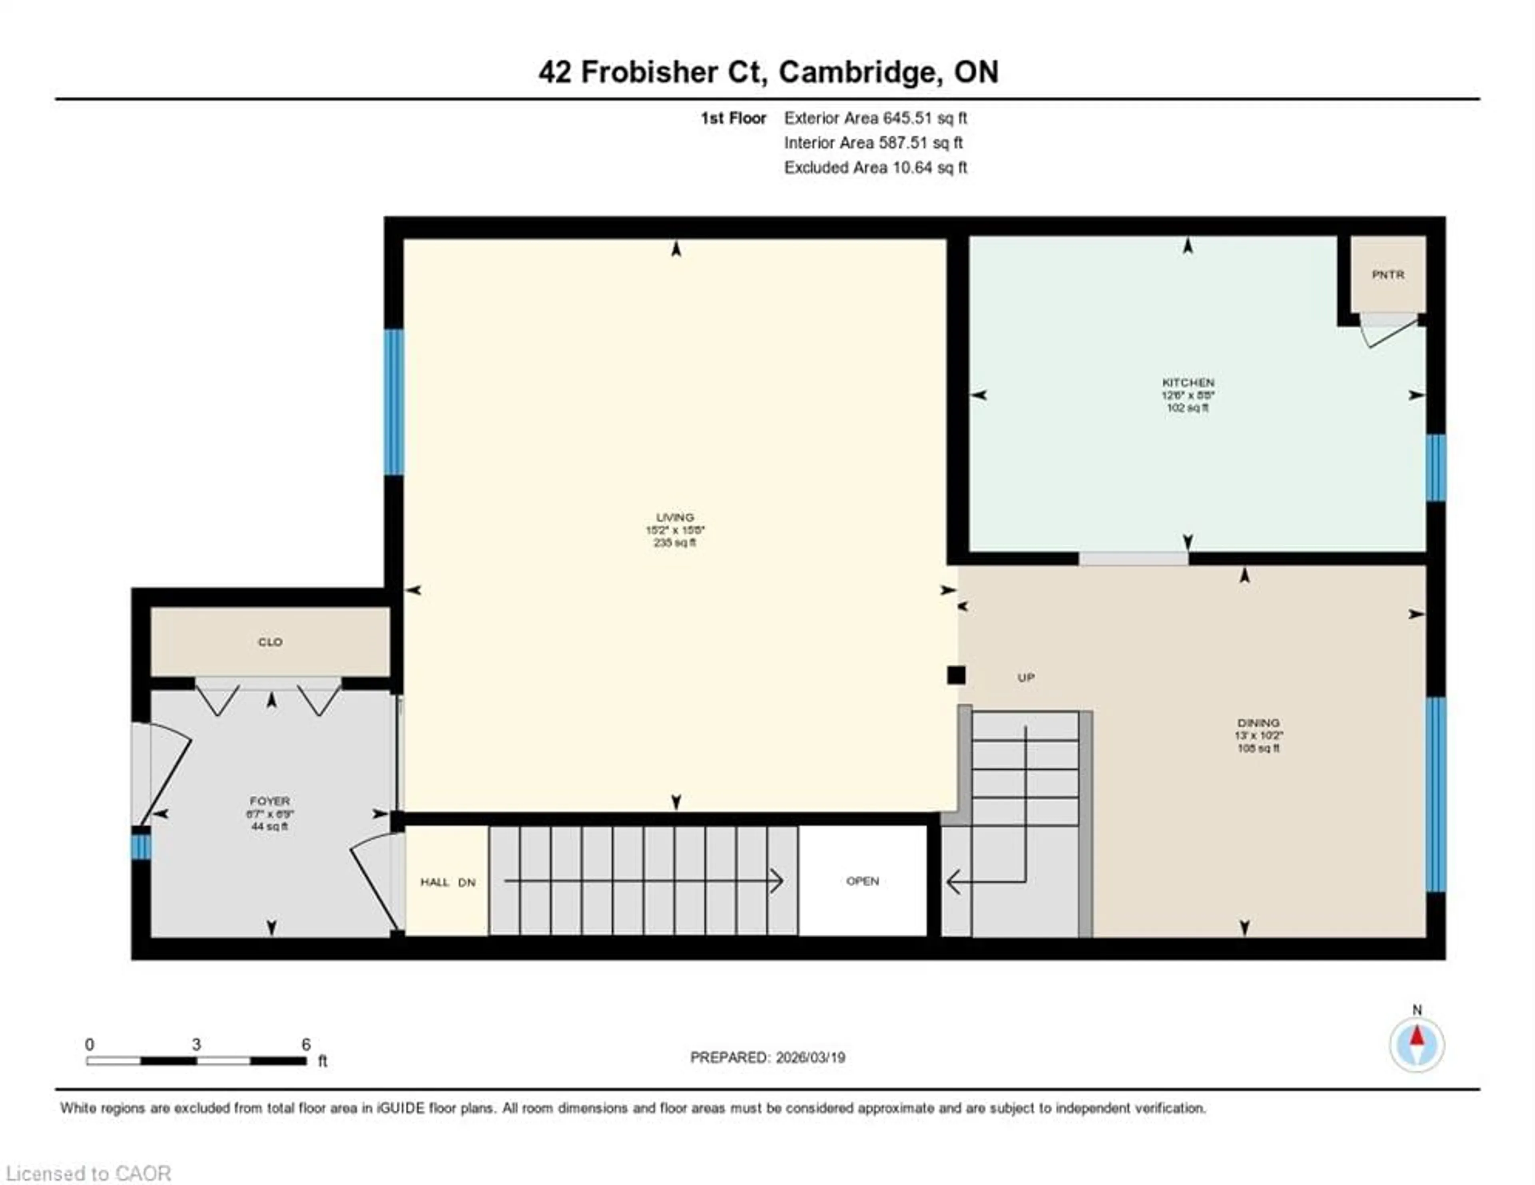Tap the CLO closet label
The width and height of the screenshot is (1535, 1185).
[x=270, y=642]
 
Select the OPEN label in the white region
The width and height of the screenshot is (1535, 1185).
[x=862, y=881]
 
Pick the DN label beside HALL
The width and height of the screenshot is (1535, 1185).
[x=466, y=882]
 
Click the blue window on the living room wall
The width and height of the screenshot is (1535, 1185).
[x=394, y=402]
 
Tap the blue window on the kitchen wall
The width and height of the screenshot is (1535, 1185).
[x=1435, y=467]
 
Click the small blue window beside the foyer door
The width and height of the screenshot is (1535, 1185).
[x=141, y=846]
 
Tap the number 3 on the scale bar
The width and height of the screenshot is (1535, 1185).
[x=196, y=1044]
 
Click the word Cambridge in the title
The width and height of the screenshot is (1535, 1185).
[x=859, y=72]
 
